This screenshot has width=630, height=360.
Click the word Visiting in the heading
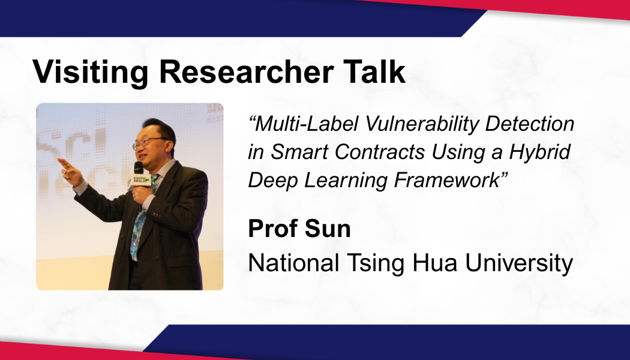(x=91, y=72)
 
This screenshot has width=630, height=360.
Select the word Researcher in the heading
(x=246, y=72)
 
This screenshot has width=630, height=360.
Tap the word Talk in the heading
(x=374, y=72)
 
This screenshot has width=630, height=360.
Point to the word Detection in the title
(x=530, y=124)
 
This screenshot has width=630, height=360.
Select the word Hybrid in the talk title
(x=539, y=152)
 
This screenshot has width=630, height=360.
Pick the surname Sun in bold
(x=328, y=229)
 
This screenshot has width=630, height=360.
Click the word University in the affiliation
(x=519, y=263)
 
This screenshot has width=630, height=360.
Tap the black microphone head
(x=139, y=167)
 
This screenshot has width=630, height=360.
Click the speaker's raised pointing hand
(x=70, y=172)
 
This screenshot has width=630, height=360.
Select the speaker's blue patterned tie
(x=140, y=220)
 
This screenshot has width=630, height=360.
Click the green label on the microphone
(x=139, y=181)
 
